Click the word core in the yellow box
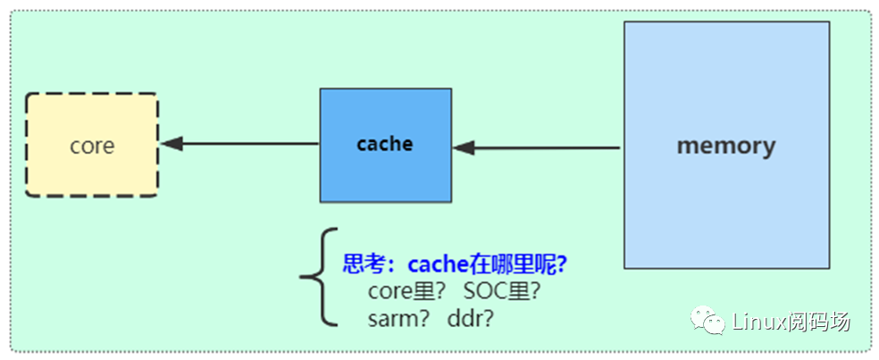92,146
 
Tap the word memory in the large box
725,146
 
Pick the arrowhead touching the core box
172,143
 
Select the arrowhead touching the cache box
464,147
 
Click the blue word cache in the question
438,264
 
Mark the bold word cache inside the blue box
385,144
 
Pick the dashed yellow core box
92,179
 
